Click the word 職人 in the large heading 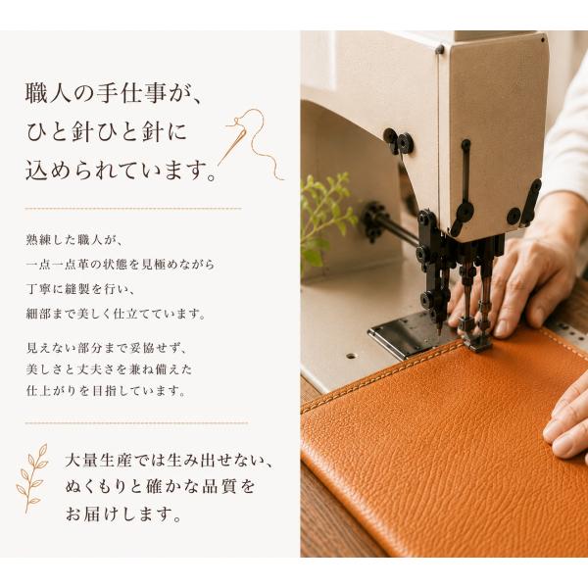point(48,94)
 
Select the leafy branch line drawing point(32,478)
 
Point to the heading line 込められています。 point(122,171)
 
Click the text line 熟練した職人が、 point(74,240)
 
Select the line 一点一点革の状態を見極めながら point(120,265)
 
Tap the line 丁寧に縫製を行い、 point(80,289)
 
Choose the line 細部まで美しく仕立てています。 point(116,314)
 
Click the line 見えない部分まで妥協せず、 point(106,348)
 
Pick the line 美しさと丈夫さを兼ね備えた point(109,369)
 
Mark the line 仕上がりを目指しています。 point(106,391)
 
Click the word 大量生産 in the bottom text point(98,461)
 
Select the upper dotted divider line point(133,209)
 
